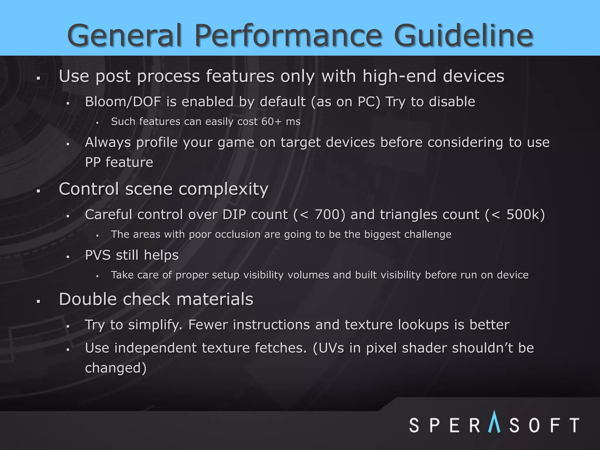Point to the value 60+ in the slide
(271, 122)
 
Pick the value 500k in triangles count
(526, 214)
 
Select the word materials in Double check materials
(215, 299)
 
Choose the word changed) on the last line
(115, 368)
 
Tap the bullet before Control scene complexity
(38, 191)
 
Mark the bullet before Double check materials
(38, 301)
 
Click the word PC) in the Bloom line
(369, 102)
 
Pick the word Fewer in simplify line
(208, 325)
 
